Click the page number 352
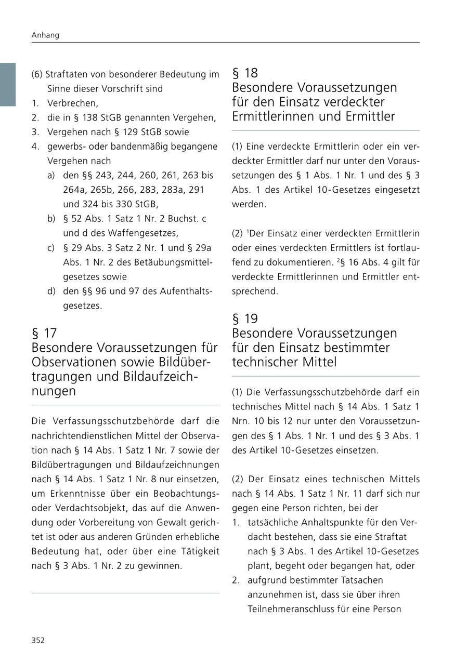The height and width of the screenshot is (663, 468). click(38, 640)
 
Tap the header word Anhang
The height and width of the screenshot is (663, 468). click(45, 35)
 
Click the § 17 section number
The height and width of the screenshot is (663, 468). click(44, 333)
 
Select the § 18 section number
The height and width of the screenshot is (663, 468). click(245, 73)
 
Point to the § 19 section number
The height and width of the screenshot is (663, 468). click(245, 319)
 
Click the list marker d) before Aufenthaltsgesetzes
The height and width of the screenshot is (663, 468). click(51, 291)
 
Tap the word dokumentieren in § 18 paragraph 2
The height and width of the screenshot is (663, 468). click(299, 262)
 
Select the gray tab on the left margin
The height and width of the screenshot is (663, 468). click(8, 84)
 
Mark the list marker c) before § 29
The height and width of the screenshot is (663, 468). click(51, 247)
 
